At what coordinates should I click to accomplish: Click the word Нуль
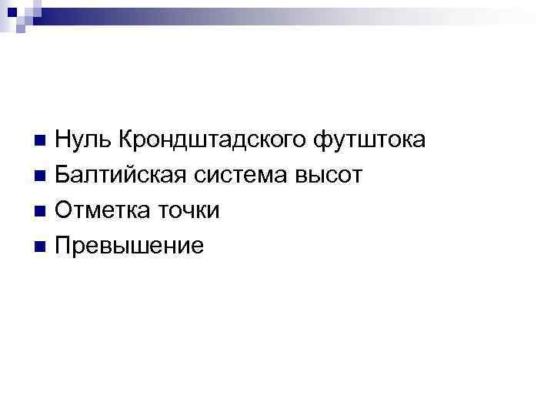tap(82, 141)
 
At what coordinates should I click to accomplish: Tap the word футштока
tap(369, 142)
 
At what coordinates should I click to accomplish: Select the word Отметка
tap(101, 211)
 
